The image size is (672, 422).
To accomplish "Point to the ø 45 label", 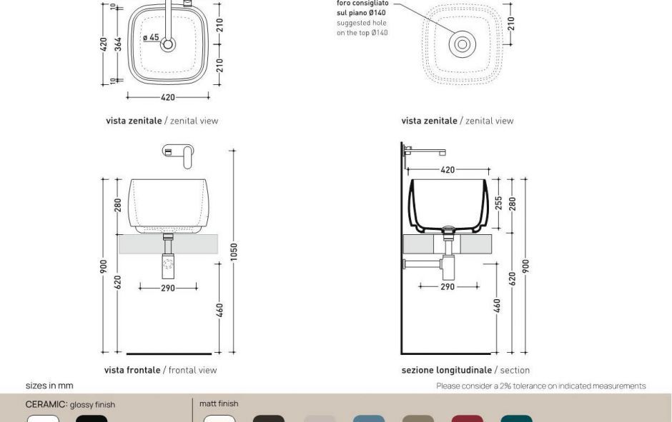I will pos(151,37).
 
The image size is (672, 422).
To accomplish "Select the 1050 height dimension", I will pos(234,251).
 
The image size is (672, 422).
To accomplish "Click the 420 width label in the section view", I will pos(448,170).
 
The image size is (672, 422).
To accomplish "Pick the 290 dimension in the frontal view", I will pos(168,288).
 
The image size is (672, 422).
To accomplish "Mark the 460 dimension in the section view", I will pos(498,306).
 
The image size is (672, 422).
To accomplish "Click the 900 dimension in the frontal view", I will pos(104,266).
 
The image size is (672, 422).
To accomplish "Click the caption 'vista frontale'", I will pos(132,370).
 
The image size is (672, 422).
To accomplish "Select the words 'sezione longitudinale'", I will pos(446,370).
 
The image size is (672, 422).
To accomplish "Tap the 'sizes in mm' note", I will pos(49,386).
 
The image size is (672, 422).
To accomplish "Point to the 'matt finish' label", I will pos(219,404).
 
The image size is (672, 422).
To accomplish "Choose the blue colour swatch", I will pos(368,418).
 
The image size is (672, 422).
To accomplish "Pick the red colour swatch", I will pos(467,418).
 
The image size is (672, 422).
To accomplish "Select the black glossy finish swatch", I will pos(92,418).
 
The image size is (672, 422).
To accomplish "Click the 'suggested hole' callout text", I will pos(362,23).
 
